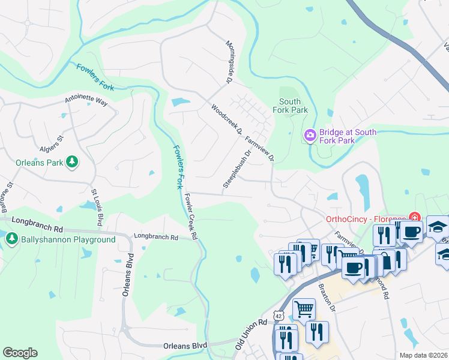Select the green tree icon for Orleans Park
[72, 162]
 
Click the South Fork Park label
[290, 106]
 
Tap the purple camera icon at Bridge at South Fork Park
[310, 136]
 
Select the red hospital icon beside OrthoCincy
[414, 217]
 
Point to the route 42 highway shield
[278, 315]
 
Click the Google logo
[20, 353]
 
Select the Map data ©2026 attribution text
[423, 355]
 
